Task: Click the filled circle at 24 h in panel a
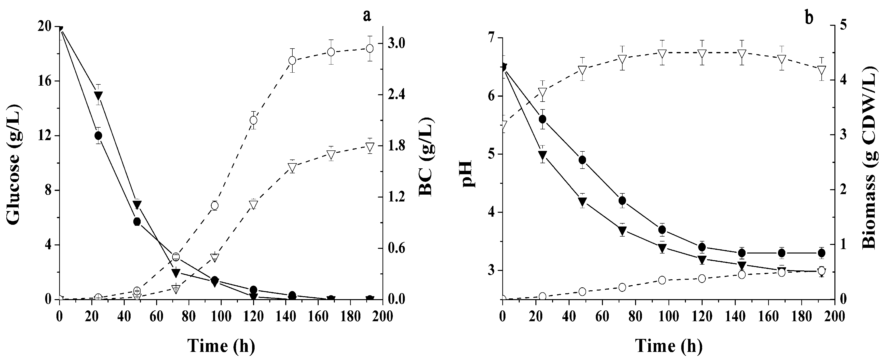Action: (x=98, y=136)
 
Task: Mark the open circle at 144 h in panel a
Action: (x=292, y=60)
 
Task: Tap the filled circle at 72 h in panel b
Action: (x=622, y=200)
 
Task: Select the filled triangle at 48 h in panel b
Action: (x=582, y=200)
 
